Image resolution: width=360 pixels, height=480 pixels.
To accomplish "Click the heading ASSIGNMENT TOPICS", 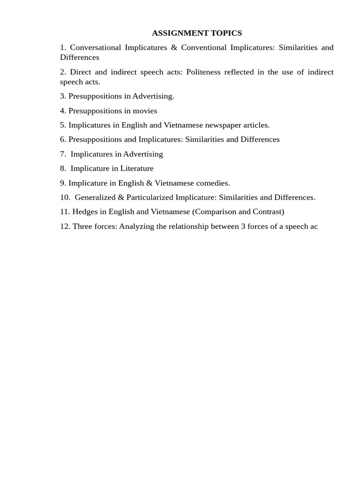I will point(197,33).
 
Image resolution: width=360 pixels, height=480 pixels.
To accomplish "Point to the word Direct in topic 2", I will point(80,72).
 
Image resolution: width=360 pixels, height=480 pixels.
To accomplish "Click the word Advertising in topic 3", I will point(153,96).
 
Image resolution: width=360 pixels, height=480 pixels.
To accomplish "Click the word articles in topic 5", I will point(256,125).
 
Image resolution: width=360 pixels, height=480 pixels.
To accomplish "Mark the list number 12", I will point(65,226).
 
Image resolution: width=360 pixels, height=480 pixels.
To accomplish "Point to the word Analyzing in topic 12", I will point(137,226).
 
